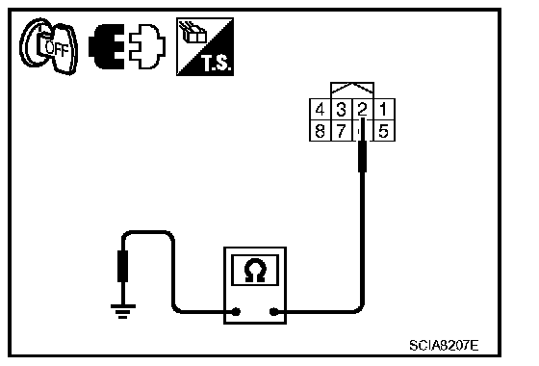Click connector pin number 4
coord(320,110)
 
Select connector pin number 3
coord(341,110)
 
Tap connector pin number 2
coord(362,110)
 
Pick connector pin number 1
coord(383,110)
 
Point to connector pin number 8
coord(320,131)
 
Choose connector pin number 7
coord(341,131)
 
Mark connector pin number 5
coord(383,131)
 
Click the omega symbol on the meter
coord(255,271)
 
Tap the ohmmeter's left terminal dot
coord(236,312)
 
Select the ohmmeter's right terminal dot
coord(273,312)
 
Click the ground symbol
coord(123,311)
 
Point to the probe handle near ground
coord(123,266)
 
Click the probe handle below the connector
coord(362,156)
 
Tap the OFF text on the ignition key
coord(57,49)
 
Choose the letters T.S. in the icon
coord(216,64)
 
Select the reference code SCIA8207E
coord(444,345)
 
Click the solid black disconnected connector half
coord(107,46)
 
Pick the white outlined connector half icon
coord(147,46)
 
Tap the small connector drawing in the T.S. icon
coord(192,32)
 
